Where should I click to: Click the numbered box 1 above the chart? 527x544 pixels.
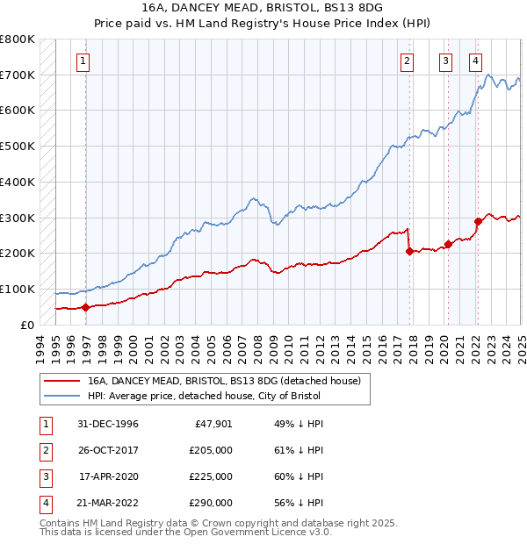82,61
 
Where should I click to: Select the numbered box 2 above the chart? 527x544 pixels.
408,61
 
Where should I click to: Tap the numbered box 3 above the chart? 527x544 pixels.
445,61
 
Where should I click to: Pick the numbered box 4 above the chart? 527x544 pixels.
475,61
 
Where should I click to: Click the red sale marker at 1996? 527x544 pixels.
86,307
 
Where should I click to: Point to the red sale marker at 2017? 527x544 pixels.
410,251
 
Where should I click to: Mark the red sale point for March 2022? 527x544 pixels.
479,221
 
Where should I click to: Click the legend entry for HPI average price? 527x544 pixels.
205,396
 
